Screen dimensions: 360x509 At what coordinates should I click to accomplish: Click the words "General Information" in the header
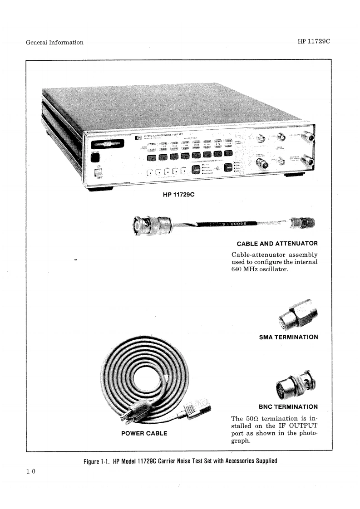click(x=54, y=42)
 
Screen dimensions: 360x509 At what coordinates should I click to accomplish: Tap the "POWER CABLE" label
click(x=144, y=433)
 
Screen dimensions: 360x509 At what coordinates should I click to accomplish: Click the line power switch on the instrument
click(x=96, y=172)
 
